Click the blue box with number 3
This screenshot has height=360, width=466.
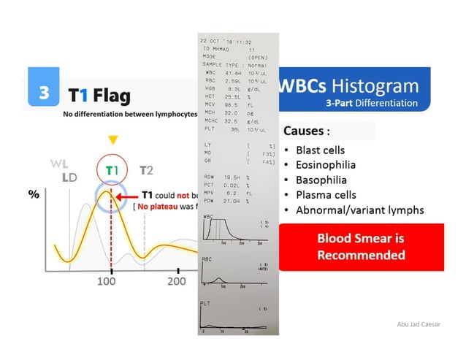(45, 93)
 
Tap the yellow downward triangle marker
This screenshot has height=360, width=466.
(112, 139)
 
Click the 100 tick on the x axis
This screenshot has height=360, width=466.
(107, 281)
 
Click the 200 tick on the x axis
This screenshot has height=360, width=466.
(176, 281)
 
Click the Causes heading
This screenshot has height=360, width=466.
(310, 132)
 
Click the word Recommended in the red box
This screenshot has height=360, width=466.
(360, 256)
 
